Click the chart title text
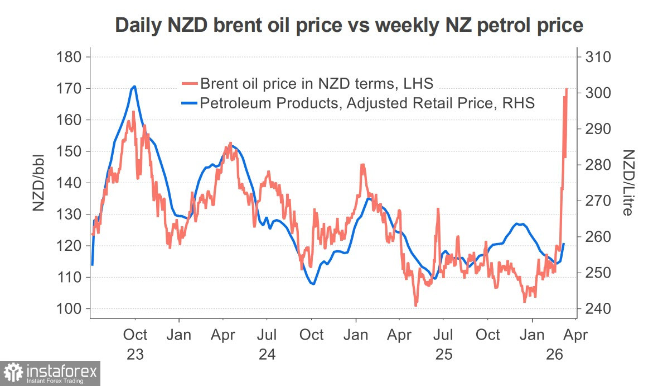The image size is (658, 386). coord(349,25)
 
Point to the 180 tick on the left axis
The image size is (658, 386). coord(70,57)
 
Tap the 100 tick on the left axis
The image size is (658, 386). coord(70,309)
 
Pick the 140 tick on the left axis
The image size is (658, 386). coord(70,183)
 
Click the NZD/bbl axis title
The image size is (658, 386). coord(38,183)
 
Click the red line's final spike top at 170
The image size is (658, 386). coord(567,89)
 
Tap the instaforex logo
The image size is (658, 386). coord(51,373)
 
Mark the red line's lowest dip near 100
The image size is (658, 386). coord(415,306)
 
